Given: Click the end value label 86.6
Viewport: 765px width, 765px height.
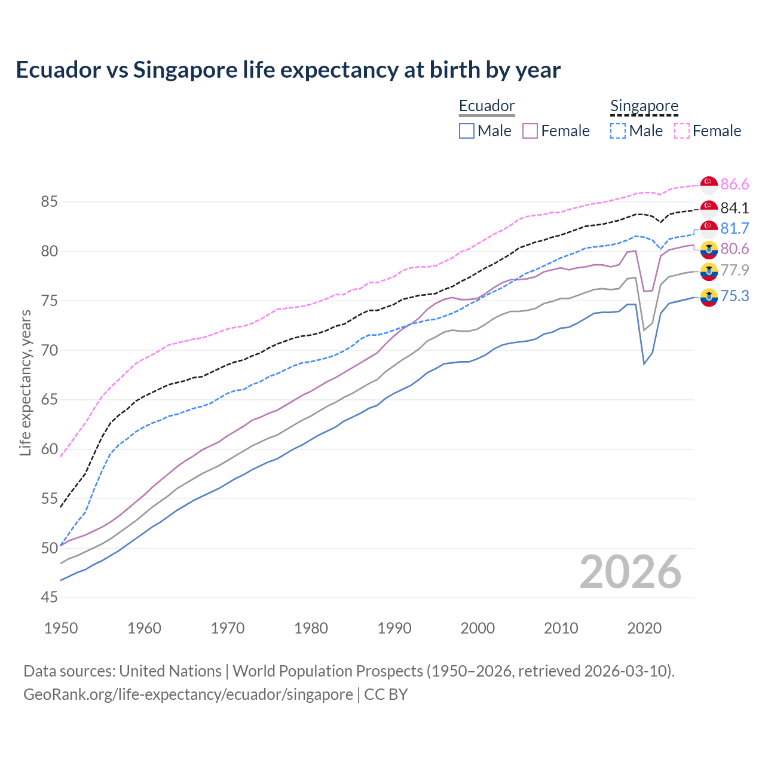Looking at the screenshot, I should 735,185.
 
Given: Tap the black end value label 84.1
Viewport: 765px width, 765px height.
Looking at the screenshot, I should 735,208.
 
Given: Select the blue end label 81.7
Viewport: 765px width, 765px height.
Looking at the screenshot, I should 735,228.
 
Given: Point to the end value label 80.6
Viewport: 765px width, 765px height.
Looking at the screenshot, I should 735,249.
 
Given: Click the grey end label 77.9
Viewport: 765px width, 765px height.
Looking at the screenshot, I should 735,270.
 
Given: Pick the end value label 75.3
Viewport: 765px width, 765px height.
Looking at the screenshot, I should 735,296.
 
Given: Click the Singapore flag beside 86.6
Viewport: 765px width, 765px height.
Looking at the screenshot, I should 709,185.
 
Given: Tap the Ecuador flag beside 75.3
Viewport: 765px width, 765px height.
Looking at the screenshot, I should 709,296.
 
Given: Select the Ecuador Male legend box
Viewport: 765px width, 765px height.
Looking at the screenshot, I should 467,131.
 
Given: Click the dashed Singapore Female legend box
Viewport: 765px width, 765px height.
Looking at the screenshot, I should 682,131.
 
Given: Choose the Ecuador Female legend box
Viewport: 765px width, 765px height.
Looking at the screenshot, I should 530,131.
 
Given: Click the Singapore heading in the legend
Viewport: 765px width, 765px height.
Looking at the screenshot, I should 644,106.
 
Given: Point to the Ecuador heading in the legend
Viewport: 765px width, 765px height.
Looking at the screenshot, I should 486,106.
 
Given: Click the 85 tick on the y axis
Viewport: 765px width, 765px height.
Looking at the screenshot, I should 49,202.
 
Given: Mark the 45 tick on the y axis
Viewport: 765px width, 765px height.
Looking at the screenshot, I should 49,597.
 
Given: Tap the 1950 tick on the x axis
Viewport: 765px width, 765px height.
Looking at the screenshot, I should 61,628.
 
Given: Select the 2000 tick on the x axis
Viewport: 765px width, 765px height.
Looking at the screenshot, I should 478,628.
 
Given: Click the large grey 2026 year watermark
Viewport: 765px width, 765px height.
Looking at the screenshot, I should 630,573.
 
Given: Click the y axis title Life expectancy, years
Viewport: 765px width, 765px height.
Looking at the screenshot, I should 25,382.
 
